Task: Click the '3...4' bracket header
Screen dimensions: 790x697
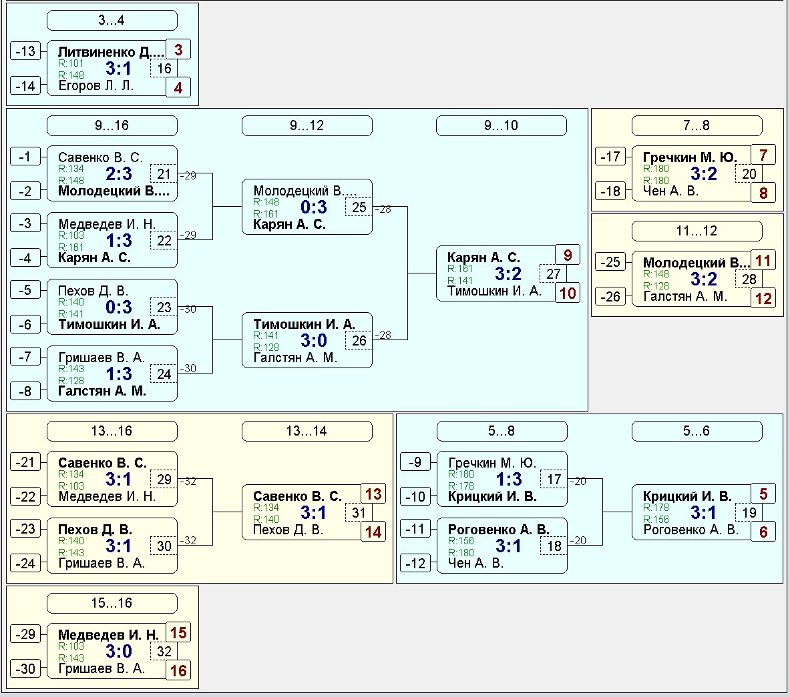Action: tap(112, 20)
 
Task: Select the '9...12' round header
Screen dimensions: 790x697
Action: tap(307, 125)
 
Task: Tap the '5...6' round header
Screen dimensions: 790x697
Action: tap(697, 431)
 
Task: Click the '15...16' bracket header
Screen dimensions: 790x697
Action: tap(112, 603)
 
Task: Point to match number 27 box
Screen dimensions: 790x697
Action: tap(553, 273)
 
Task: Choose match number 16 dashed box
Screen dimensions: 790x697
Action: tap(164, 69)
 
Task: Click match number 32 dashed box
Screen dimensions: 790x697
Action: tap(164, 651)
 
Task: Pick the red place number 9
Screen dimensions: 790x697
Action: tap(568, 255)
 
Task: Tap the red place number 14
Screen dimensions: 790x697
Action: tap(373, 532)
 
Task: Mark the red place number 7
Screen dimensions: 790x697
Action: tap(763, 155)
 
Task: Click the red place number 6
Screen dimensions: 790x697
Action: tap(763, 532)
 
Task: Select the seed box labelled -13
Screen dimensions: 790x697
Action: tap(25, 51)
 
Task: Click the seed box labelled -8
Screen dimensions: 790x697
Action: tap(25, 391)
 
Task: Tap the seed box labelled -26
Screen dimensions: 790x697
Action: tap(610, 296)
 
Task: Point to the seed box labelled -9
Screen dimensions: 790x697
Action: tap(415, 462)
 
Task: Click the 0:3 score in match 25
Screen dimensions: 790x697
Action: tap(313, 207)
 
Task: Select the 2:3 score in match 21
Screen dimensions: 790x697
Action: tap(118, 173)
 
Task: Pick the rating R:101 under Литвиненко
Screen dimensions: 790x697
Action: tap(71, 63)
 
